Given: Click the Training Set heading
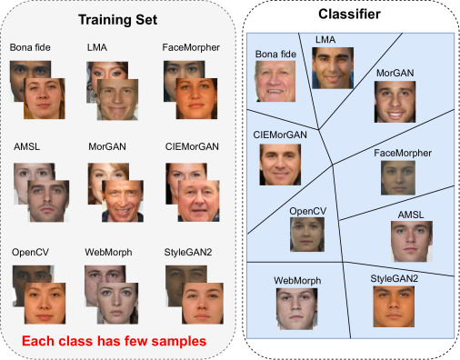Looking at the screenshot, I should tap(118, 18).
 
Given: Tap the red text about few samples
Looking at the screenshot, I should tap(115, 340).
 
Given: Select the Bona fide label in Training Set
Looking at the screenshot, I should tap(32, 46).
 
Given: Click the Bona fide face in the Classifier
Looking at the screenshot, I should tap(277, 80).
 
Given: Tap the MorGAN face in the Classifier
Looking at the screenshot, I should tap(395, 103).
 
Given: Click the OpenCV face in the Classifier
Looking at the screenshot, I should tap(306, 234).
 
